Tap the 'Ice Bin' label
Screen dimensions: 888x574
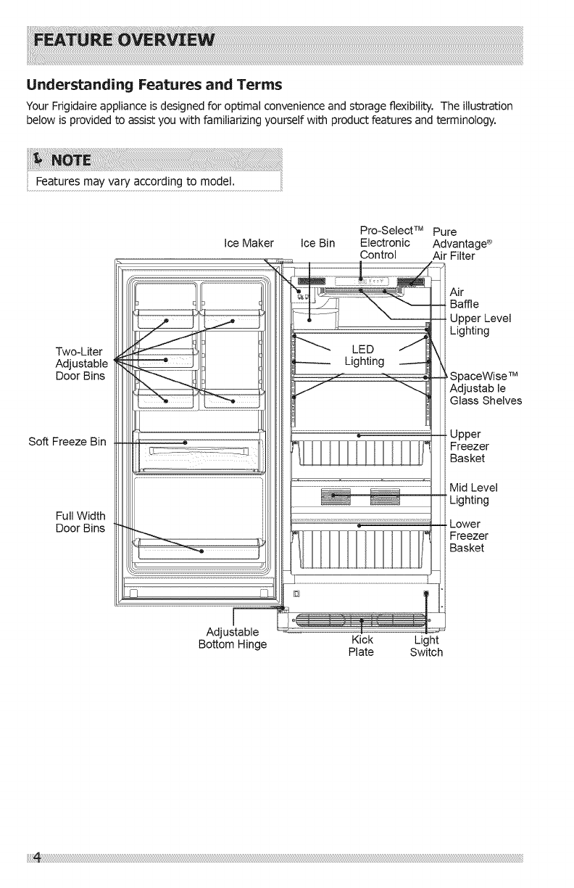(317, 242)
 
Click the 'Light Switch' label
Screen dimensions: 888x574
(426, 646)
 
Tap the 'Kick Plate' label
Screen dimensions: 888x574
(361, 646)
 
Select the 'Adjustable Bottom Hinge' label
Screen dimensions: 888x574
(233, 638)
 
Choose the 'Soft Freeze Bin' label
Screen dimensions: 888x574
(68, 442)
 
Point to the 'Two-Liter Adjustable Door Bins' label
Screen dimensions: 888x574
(81, 363)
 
